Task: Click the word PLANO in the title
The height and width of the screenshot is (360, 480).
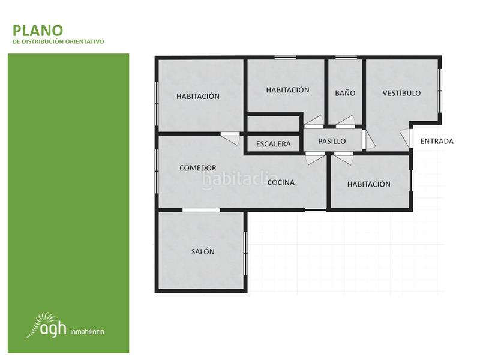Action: (37, 30)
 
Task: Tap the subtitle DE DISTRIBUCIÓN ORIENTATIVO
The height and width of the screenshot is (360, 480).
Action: (58, 42)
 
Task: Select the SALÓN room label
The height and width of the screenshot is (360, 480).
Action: (203, 252)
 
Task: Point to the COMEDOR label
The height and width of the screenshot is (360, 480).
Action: (198, 168)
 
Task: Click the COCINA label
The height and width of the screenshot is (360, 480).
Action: (281, 182)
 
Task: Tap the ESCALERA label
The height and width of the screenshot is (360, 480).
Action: (273, 144)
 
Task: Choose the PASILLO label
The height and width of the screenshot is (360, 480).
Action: (332, 142)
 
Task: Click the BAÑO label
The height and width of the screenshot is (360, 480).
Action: (345, 93)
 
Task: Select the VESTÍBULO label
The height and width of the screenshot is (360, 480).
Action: (401, 93)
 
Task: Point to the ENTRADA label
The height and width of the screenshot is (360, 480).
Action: (436, 142)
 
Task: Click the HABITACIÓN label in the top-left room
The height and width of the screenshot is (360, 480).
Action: (198, 96)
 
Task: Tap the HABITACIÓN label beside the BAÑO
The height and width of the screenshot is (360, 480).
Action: (287, 90)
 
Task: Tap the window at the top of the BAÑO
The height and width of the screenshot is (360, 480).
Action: (345, 57)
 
